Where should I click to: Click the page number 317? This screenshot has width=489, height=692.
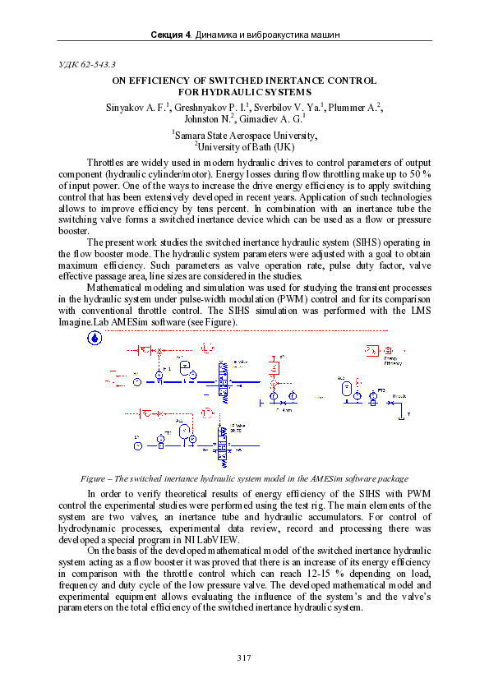tap(243, 657)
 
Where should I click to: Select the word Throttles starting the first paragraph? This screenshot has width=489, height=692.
tap(106, 164)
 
